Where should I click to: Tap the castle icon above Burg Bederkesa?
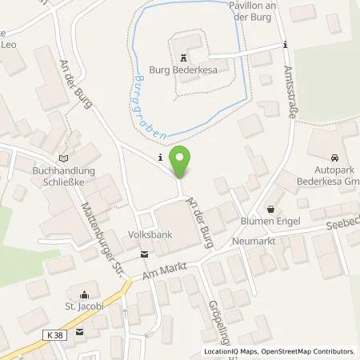point(186,58)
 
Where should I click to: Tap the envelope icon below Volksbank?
point(144,254)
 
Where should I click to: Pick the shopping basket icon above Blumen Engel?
point(270,207)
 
